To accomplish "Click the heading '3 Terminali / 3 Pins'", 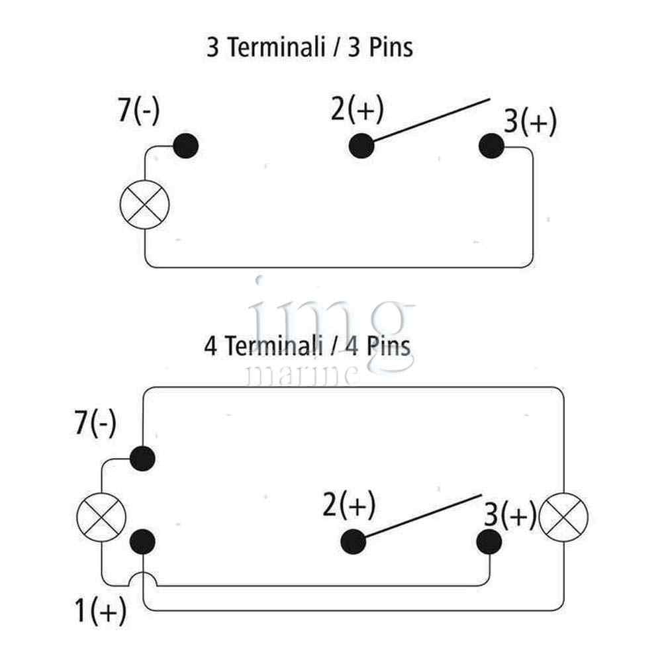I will (309, 48).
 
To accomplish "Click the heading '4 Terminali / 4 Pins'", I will (307, 346).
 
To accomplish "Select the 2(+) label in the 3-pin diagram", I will (357, 109).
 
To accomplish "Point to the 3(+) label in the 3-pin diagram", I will (530, 123).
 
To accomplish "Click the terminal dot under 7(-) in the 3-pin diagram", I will (185, 146).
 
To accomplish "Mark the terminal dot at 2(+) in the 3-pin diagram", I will (361, 146).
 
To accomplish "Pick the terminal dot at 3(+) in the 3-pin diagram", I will (491, 146).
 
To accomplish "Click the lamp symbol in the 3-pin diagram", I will (145, 205).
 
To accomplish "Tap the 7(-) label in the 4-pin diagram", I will (95, 423).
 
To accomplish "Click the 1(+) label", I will (101, 612).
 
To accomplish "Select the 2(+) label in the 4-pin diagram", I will (349, 506).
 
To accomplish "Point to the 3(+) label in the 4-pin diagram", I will (510, 514).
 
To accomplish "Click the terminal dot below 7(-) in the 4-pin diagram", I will (142, 457).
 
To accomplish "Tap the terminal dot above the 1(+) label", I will (142, 542).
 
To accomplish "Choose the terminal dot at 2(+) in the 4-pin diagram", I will (354, 542).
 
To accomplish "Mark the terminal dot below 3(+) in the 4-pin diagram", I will (489, 542).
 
